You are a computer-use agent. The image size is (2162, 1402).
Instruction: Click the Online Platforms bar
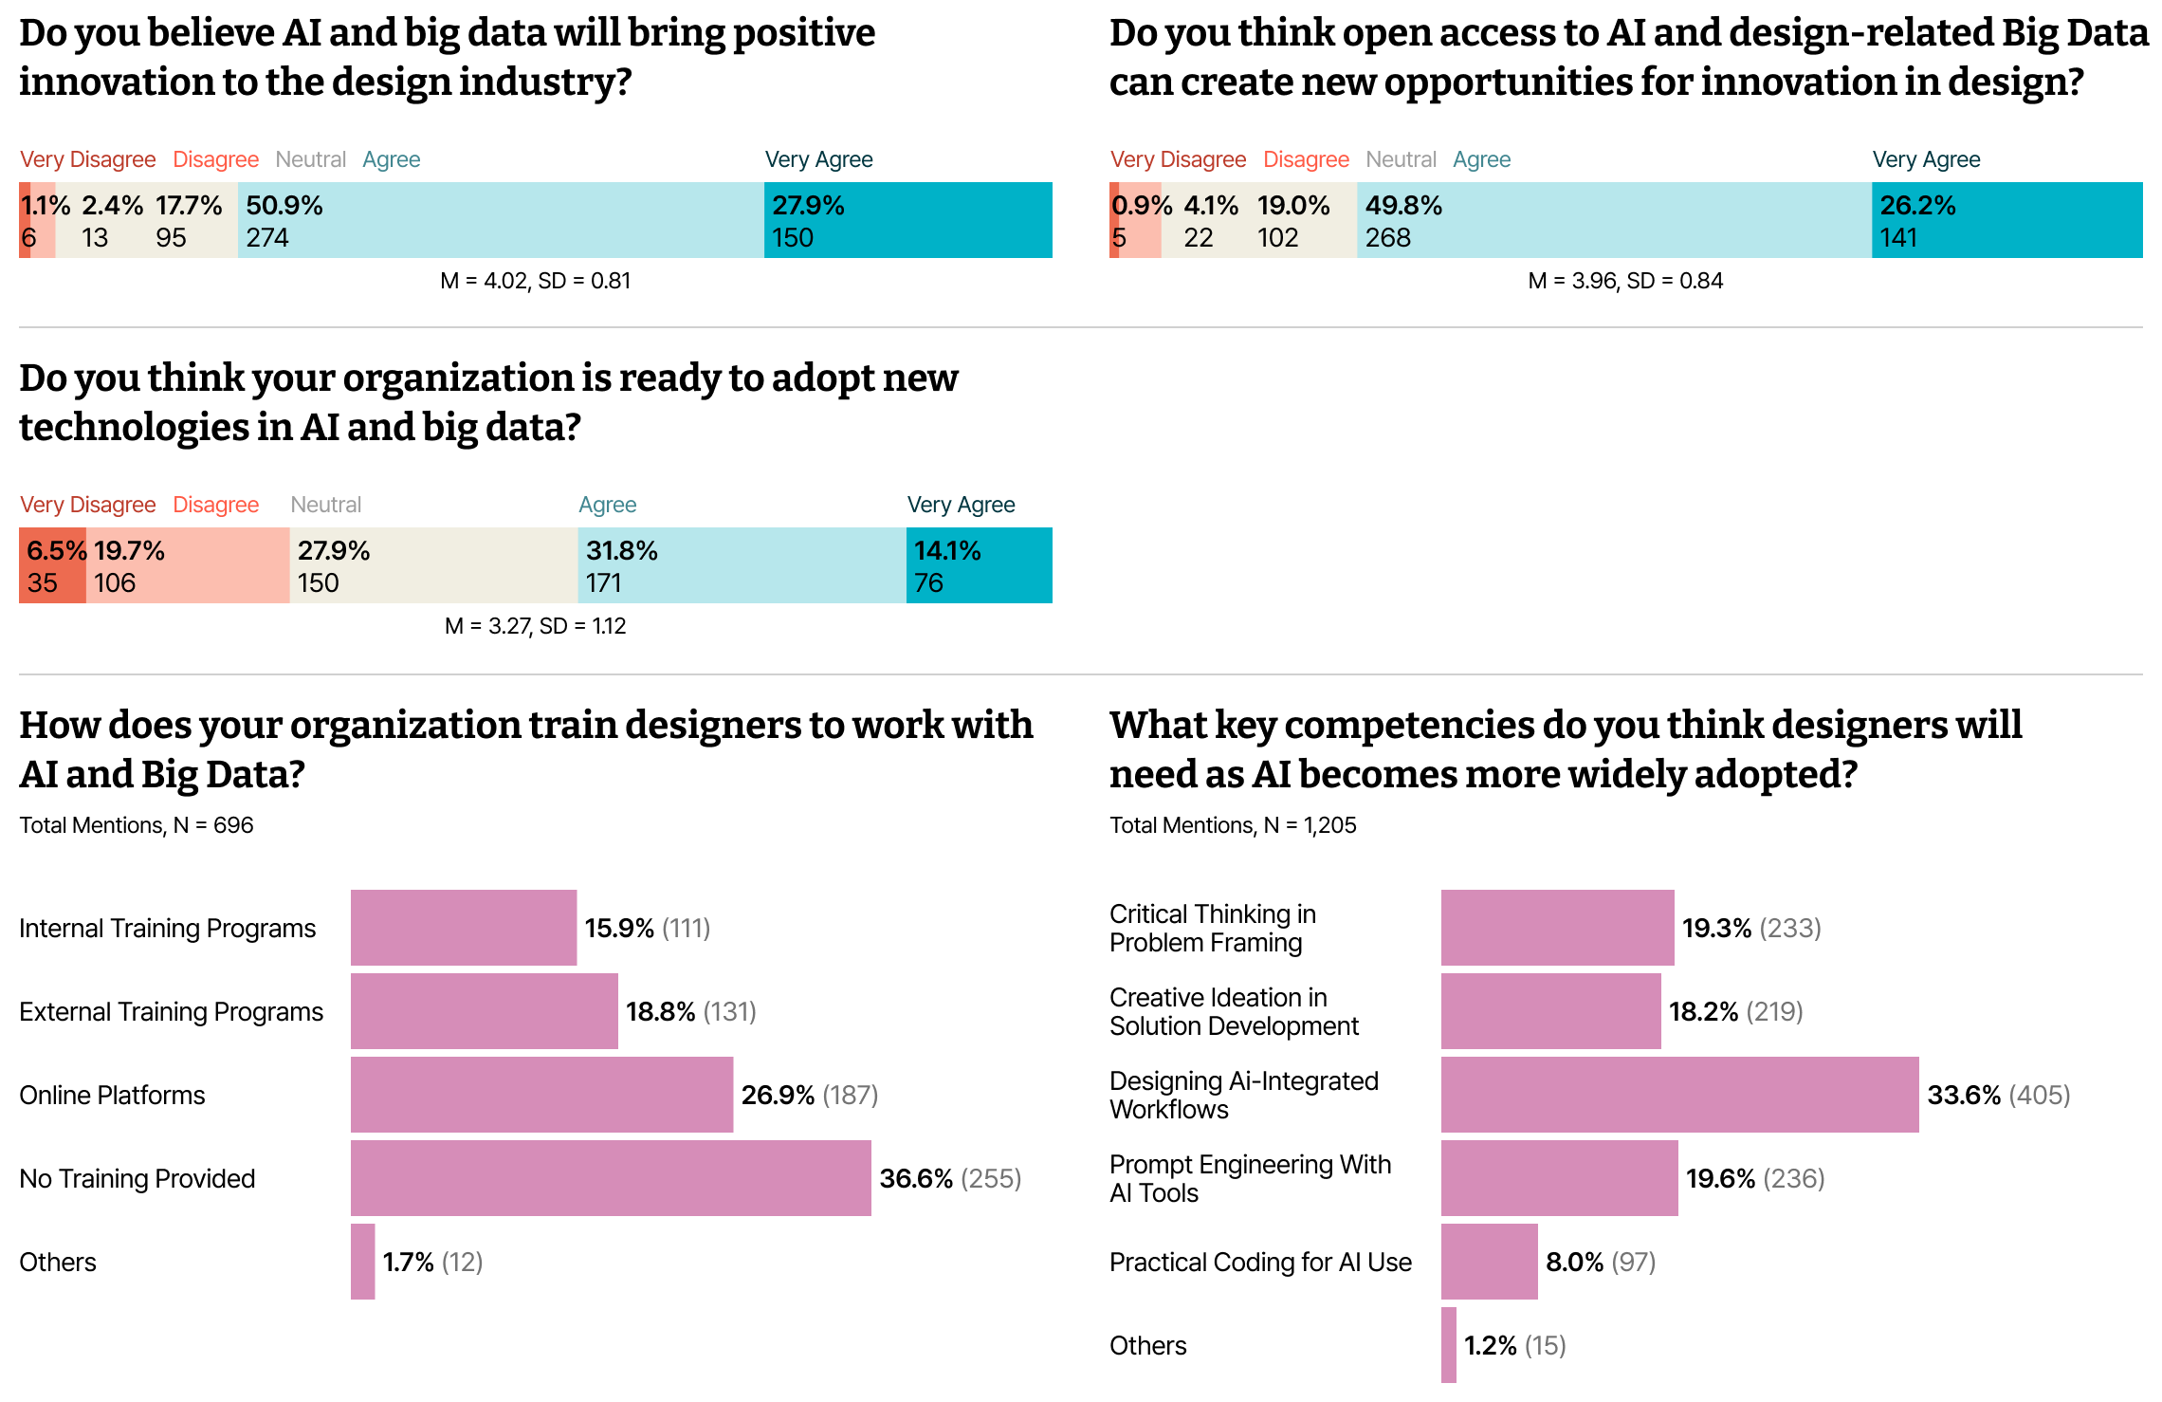pyautogui.click(x=541, y=1095)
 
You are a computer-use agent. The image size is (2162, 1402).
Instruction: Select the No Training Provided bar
pyautogui.click(x=611, y=1178)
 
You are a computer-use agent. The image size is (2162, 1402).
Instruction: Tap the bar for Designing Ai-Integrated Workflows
pyautogui.click(x=1679, y=1095)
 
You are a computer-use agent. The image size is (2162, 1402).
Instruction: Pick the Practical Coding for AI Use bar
pyautogui.click(x=1489, y=1262)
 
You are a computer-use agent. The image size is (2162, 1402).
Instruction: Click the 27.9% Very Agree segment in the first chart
pyautogui.click(x=907, y=220)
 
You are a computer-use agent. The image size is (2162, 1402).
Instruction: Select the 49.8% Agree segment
pyautogui.click(x=1614, y=220)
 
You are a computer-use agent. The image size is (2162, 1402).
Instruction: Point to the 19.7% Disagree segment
pyautogui.click(x=188, y=565)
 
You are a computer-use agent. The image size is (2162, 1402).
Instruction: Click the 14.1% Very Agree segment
pyautogui.click(x=980, y=565)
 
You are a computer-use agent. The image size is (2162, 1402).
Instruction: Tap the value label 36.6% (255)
pyautogui.click(x=950, y=1178)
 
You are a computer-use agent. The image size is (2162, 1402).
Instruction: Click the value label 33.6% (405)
pyautogui.click(x=1999, y=1095)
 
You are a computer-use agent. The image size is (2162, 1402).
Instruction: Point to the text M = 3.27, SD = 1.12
pyautogui.click(x=536, y=626)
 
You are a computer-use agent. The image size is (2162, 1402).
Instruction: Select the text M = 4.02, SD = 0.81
pyautogui.click(x=536, y=281)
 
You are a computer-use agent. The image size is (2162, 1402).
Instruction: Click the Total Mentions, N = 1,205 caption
pyautogui.click(x=1233, y=825)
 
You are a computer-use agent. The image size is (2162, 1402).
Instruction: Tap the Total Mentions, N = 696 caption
pyautogui.click(x=137, y=825)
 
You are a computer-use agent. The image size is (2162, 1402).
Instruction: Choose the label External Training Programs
pyautogui.click(x=172, y=1012)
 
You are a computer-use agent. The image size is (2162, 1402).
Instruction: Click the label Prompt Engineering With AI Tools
pyautogui.click(x=1251, y=1178)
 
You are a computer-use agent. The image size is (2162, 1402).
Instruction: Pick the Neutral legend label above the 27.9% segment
pyautogui.click(x=326, y=505)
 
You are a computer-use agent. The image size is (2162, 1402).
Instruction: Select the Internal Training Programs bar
pyautogui.click(x=464, y=928)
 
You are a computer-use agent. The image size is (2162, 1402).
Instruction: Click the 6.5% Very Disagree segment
pyautogui.click(x=52, y=565)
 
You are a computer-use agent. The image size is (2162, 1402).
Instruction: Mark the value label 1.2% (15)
pyautogui.click(x=1515, y=1345)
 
